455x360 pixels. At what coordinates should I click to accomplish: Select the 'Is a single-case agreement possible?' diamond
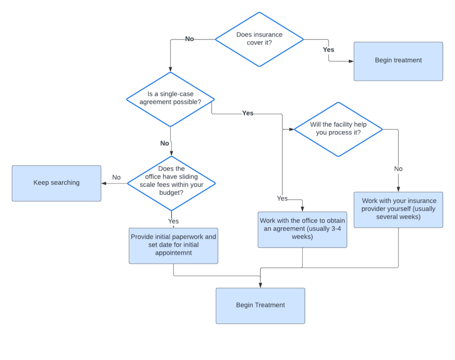tap(170, 99)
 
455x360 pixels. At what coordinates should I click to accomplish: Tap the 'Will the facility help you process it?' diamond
tap(338, 129)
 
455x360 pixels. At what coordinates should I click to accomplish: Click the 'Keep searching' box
tap(56, 183)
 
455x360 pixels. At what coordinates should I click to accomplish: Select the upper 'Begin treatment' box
tap(398, 61)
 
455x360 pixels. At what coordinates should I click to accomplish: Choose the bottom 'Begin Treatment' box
tap(260, 305)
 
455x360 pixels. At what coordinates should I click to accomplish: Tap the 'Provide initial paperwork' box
tap(173, 245)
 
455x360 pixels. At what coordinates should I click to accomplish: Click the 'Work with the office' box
tap(302, 229)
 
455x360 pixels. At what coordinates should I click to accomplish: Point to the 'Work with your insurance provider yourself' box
tap(398, 209)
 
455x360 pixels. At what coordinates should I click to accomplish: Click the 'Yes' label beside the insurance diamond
tap(328, 49)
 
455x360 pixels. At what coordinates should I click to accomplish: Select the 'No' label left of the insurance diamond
tap(189, 39)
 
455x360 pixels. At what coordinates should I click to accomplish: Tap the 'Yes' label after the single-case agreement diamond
tap(248, 113)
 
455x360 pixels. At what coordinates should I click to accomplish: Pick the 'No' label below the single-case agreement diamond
tap(164, 144)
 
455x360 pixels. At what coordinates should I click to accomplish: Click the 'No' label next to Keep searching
tap(116, 178)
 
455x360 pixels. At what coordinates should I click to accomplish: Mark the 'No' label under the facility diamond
tap(398, 169)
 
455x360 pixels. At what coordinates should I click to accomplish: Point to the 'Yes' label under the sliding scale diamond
tap(173, 221)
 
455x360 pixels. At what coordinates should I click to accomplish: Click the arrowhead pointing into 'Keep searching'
tap(104, 183)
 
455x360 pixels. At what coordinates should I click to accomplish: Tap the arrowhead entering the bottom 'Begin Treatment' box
tap(260, 285)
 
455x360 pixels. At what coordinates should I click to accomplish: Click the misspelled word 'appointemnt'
tap(173, 254)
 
